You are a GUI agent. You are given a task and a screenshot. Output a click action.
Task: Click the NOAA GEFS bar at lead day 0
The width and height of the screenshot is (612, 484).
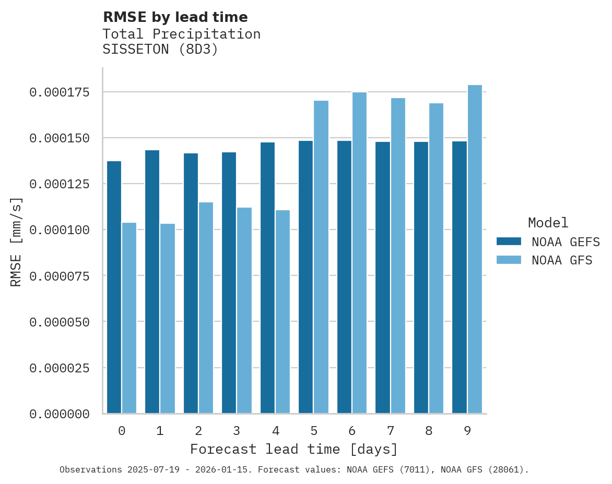coord(114,287)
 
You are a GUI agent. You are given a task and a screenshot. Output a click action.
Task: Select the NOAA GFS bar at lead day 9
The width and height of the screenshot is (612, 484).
coord(475,249)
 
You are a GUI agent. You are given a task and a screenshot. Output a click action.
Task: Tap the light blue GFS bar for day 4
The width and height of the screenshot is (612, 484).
coord(283,312)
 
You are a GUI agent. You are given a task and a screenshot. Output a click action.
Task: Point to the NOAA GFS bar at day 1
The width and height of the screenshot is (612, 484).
coord(168,319)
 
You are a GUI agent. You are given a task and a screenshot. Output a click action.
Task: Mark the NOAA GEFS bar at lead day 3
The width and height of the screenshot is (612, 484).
coord(229,283)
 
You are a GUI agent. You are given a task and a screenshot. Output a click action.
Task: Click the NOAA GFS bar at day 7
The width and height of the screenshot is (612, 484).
coord(398,256)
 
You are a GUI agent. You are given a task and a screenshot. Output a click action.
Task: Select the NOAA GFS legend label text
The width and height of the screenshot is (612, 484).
coord(562,260)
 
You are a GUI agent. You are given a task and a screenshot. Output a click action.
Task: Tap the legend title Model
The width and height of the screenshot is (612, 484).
coord(548,223)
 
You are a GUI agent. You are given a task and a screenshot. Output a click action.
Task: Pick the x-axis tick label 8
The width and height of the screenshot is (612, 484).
coord(429,431)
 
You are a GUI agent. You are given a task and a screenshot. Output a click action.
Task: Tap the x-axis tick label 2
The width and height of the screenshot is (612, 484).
coord(198,431)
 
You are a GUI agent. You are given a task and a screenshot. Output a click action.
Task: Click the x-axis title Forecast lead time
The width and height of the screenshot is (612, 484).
coord(293,449)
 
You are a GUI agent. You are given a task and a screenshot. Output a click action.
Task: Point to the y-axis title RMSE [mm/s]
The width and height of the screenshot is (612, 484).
coord(16,241)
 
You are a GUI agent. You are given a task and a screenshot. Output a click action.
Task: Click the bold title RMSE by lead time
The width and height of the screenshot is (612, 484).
coord(175,17)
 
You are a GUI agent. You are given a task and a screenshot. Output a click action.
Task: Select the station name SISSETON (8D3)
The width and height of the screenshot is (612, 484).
coord(160,50)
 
